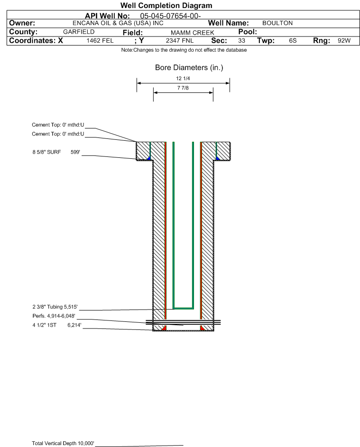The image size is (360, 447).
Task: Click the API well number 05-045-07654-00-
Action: point(170,16)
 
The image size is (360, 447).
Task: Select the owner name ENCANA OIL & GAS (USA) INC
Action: point(118,23)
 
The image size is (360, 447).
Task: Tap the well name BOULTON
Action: point(277,23)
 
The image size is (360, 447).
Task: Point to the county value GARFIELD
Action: point(79,32)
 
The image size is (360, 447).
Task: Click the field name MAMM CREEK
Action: point(192,33)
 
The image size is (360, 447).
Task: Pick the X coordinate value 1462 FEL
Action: point(100,40)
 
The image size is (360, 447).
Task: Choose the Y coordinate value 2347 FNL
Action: point(180,40)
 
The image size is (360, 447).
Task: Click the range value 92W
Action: point(344,40)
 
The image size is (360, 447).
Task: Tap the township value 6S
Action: point(293,40)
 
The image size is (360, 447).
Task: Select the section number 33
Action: point(241,40)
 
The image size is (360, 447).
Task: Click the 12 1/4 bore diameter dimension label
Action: point(183,78)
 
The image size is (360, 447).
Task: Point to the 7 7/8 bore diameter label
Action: point(183,88)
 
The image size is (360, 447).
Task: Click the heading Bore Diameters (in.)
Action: point(189,68)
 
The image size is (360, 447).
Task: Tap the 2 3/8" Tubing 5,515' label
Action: point(55,307)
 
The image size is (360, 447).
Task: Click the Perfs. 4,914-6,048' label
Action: point(54,316)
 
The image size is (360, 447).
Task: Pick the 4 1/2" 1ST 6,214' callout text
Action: point(57,325)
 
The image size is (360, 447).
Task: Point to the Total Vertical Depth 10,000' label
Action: point(63,443)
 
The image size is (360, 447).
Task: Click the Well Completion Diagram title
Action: point(166,5)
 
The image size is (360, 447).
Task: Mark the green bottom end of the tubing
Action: point(184,308)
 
